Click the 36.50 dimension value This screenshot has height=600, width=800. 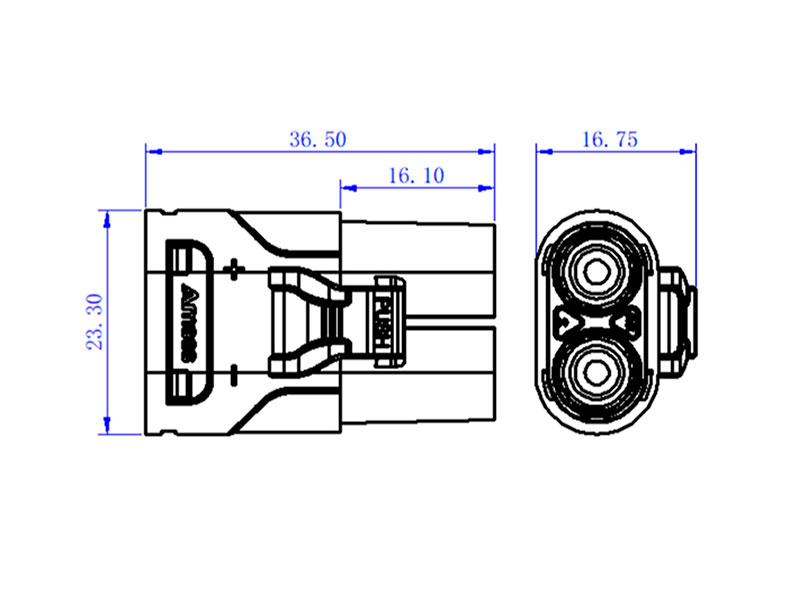tap(318, 140)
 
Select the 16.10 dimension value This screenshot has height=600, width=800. tap(415, 176)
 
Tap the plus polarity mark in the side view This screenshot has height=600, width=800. tap(236, 268)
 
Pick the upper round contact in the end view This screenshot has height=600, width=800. tap(597, 271)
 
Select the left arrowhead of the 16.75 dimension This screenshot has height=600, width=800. tap(543, 151)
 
